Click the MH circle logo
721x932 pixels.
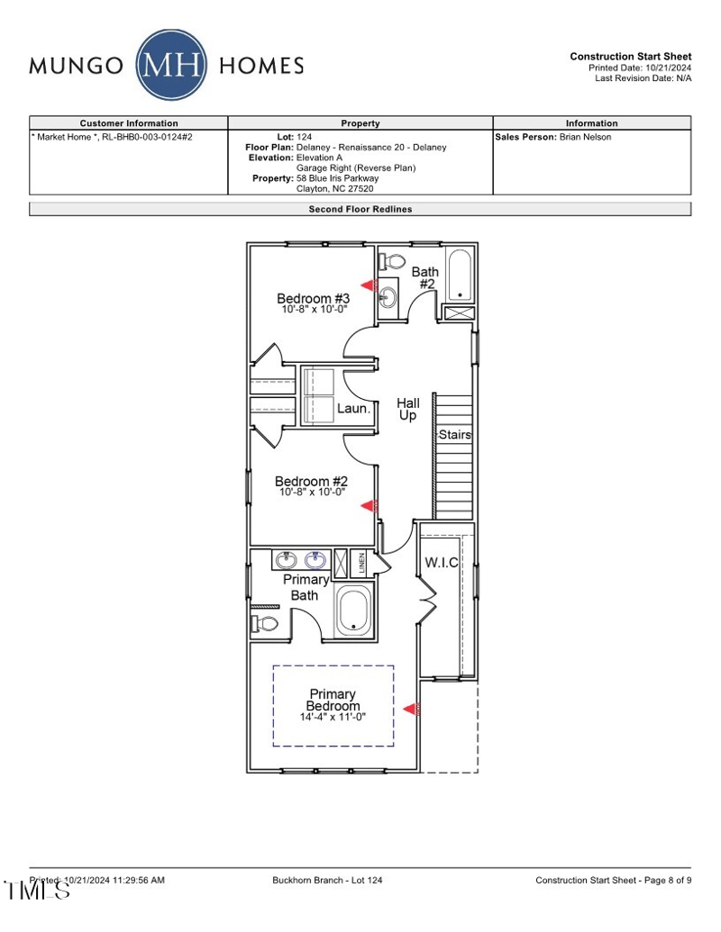(x=172, y=65)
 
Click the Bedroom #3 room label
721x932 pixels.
(x=312, y=298)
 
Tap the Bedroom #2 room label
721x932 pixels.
(x=311, y=482)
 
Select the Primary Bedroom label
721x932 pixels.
(x=333, y=700)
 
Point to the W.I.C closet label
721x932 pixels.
(x=442, y=563)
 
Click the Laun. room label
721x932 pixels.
(x=354, y=408)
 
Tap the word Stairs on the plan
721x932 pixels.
(x=455, y=435)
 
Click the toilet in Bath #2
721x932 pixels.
(x=393, y=261)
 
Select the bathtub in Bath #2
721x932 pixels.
(x=459, y=275)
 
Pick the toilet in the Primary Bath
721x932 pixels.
(x=267, y=623)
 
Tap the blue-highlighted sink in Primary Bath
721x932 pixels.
(x=315, y=561)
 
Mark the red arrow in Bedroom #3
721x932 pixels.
(x=369, y=285)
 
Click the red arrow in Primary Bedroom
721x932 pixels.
(x=411, y=709)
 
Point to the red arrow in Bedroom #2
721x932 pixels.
(x=369, y=507)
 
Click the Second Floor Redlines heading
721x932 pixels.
(x=360, y=209)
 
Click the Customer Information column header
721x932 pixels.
(x=129, y=123)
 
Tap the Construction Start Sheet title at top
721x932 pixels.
(x=630, y=57)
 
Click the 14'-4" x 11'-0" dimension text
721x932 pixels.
(x=333, y=717)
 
